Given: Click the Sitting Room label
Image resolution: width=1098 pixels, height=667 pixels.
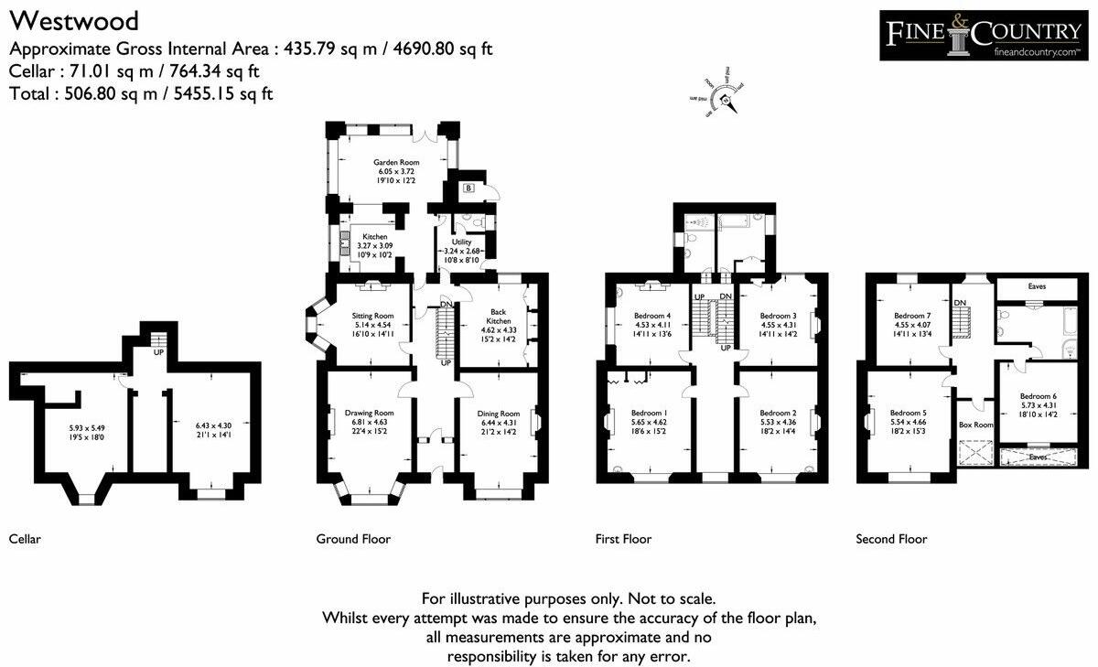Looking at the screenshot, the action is click(371, 316).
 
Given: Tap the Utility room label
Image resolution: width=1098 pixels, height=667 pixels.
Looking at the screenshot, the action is click(460, 242).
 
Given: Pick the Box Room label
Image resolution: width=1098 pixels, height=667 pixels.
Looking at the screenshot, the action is click(975, 425).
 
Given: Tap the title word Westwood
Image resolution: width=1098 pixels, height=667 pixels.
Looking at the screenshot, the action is click(74, 20).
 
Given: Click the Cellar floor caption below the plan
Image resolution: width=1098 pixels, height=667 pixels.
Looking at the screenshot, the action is click(25, 539).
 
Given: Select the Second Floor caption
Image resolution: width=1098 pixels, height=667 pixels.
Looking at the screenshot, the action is click(890, 539).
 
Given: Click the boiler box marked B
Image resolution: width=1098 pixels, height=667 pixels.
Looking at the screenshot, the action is click(468, 188).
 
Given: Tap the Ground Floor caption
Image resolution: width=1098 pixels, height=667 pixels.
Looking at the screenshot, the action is click(353, 539).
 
